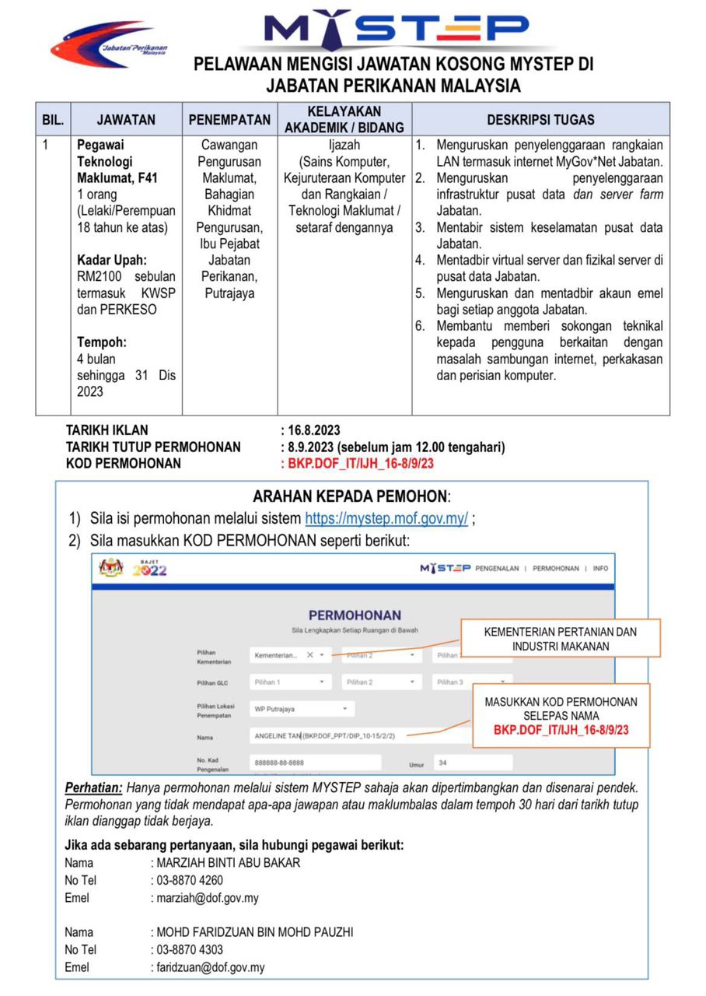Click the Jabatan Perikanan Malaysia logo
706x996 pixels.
coord(109,45)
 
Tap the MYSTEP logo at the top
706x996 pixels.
coord(397,30)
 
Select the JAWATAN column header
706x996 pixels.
coord(126,120)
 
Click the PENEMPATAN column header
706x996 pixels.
coord(229,120)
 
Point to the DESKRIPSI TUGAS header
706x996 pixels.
coord(540,120)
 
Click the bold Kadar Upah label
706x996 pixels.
coord(111,260)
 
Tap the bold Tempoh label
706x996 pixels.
coord(101,342)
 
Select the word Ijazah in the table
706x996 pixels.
coord(344,145)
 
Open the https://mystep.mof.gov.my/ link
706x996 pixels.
coord(386,519)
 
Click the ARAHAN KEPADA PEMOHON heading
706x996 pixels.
coord(351,496)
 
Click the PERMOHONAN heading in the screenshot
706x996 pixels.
coord(355,615)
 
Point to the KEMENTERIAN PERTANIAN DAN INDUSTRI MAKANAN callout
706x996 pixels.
coord(560,639)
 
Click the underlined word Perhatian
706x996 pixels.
coord(93,787)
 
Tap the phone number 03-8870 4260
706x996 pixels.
coord(190,881)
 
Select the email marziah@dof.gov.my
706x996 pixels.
coord(208,898)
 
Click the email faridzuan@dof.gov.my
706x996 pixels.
coord(210,968)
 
